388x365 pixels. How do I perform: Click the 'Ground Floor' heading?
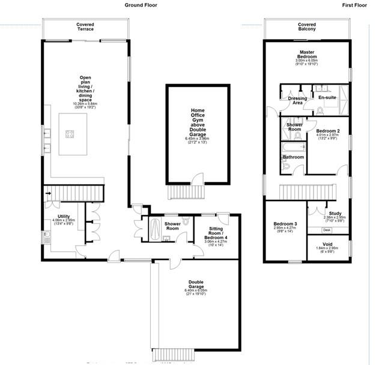142,4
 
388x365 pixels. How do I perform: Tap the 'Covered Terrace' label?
85,27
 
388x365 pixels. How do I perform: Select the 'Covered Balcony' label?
307,27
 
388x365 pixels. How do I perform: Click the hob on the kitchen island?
69,134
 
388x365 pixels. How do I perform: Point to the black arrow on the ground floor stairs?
49,193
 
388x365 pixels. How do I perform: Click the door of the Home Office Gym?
196,177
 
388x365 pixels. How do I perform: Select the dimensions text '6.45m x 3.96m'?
197,139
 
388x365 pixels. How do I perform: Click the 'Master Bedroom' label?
306,53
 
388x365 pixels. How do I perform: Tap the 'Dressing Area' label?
297,100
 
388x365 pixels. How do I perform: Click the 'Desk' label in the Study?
327,230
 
